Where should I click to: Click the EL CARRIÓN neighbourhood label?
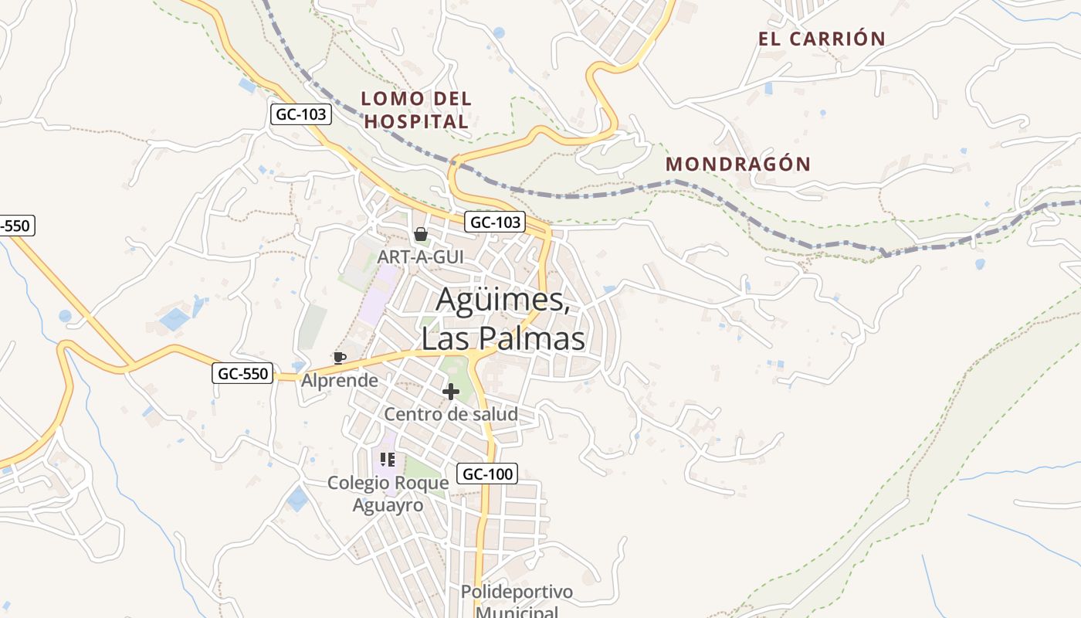point(822,39)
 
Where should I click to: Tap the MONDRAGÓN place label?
point(738,164)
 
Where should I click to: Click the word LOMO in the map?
point(393,99)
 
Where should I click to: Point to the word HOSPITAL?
point(416,122)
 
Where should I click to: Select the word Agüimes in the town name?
point(503,300)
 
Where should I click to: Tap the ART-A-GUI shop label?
point(421,256)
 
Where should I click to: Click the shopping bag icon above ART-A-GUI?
point(421,234)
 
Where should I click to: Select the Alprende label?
point(340,380)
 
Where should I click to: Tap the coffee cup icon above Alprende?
point(339,357)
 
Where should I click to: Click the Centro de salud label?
point(451,414)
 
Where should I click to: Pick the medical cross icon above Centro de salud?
point(451,392)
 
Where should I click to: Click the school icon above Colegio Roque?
point(388,460)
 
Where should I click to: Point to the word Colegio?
point(358,483)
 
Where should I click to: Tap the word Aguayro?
point(388,505)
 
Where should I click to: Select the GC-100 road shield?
point(487,474)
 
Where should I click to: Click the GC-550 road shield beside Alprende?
point(242,374)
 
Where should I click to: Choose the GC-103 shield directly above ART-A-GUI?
point(495,222)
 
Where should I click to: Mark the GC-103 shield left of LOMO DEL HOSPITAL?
point(302,115)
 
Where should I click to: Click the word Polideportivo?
point(517,592)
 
